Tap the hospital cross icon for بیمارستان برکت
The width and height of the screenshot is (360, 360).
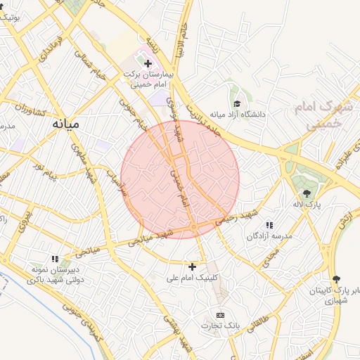(x=148, y=64)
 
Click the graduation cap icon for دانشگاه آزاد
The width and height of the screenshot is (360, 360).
(x=236, y=103)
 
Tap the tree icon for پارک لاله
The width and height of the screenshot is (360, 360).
(x=306, y=193)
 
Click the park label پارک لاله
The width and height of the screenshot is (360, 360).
(x=307, y=204)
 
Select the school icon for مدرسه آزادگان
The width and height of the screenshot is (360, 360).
(x=269, y=225)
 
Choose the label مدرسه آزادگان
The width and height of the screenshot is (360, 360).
(x=268, y=236)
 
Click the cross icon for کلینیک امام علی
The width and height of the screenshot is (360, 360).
(x=192, y=266)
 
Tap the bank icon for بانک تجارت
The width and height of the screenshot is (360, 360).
(x=221, y=314)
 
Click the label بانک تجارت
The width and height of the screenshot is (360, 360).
(x=221, y=326)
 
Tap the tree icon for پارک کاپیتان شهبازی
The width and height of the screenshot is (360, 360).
(x=336, y=279)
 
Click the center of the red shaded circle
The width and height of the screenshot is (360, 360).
(x=180, y=179)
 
